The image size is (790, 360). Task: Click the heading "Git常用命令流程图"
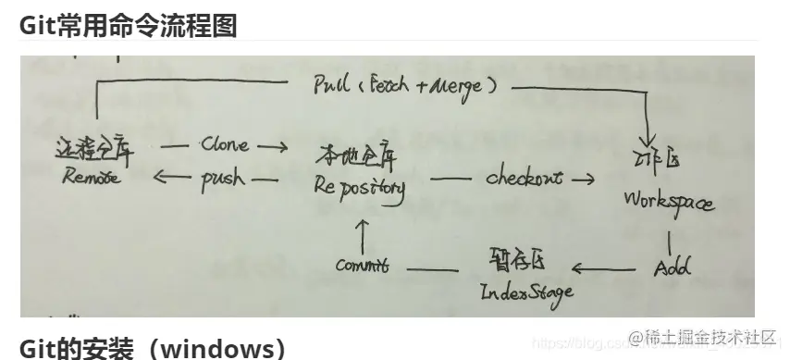pyautogui.click(x=128, y=25)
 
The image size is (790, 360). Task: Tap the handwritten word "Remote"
pyautogui.click(x=92, y=179)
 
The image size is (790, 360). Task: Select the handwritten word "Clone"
pyautogui.click(x=224, y=145)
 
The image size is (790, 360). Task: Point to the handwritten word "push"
pyautogui.click(x=223, y=179)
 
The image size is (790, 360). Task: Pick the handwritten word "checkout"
pyautogui.click(x=524, y=178)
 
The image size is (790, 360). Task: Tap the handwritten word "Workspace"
pyautogui.click(x=668, y=200)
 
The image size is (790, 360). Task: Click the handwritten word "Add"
pyautogui.click(x=672, y=268)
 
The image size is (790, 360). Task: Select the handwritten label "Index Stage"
pyautogui.click(x=525, y=292)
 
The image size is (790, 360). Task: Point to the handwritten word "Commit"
pyautogui.click(x=362, y=266)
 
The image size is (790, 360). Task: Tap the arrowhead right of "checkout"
pyautogui.click(x=586, y=178)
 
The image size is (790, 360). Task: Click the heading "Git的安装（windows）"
pyautogui.click(x=153, y=348)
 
